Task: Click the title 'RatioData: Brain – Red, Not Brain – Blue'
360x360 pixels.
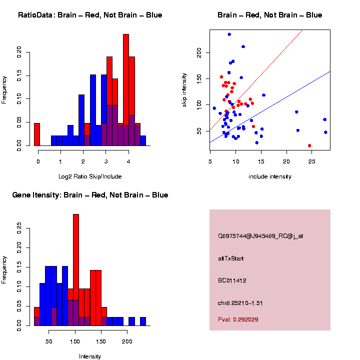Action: (x=90, y=15)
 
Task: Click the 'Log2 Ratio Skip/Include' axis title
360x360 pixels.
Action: (x=90, y=176)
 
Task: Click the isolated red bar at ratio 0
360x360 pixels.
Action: (x=36, y=134)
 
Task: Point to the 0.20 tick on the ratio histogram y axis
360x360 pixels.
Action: (x=20, y=51)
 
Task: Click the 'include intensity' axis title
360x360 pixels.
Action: (x=269, y=176)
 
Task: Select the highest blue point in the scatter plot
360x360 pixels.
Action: (x=229, y=34)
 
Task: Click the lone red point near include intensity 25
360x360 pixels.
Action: (x=309, y=145)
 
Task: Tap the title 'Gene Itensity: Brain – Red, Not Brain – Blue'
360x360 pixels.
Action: (x=90, y=195)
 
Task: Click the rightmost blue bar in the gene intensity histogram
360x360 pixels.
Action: (x=142, y=321)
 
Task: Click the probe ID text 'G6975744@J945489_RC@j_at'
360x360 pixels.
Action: (x=260, y=236)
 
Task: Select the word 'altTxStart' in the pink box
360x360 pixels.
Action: (x=230, y=258)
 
